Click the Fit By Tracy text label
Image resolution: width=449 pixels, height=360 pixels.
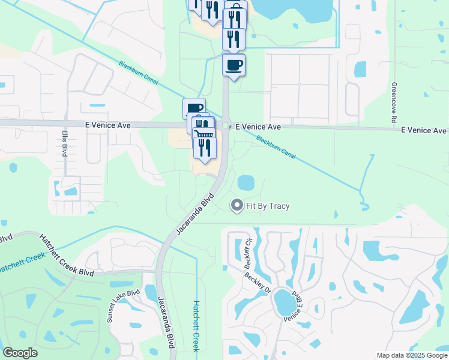[x=267, y=206]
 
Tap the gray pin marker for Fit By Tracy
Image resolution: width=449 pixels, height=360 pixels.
[x=237, y=206]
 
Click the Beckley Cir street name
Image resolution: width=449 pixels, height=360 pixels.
[x=247, y=256]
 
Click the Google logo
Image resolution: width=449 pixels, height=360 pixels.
[x=20, y=353]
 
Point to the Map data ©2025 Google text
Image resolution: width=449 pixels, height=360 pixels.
[x=412, y=355]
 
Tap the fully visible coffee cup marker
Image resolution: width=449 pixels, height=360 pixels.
[x=234, y=65]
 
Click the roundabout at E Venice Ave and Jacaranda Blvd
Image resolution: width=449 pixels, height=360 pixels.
[x=226, y=126]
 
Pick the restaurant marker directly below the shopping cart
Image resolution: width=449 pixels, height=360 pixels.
[x=205, y=148]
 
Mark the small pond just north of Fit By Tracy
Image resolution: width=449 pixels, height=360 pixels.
[x=246, y=182]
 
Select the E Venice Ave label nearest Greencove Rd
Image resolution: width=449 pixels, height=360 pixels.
[x=424, y=130]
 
